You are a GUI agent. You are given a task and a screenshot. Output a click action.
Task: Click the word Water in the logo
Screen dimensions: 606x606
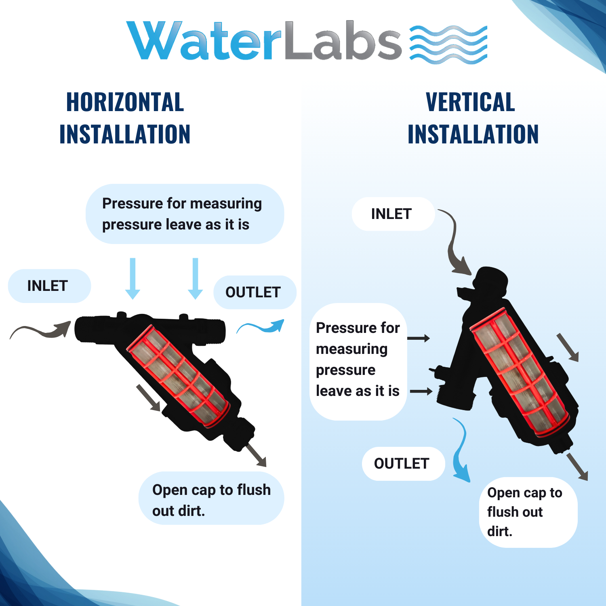tap(204, 40)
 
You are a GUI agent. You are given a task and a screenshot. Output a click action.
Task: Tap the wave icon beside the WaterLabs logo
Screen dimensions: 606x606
tap(448, 44)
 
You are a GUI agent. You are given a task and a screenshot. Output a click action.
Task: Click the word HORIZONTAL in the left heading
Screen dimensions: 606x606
tap(125, 102)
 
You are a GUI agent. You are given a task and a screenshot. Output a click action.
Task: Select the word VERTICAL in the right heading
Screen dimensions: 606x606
tap(471, 102)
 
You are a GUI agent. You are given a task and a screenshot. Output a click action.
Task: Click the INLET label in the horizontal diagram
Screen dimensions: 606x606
tap(47, 286)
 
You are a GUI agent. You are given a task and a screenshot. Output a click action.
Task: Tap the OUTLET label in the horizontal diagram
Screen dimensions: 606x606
tap(253, 292)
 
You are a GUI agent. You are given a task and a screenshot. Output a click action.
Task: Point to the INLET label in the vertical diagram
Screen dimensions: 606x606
tap(391, 214)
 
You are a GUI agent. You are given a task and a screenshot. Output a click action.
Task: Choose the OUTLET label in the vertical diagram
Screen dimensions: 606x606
tap(402, 463)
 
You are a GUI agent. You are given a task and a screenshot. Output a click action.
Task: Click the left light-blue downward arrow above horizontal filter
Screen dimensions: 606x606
tap(133, 278)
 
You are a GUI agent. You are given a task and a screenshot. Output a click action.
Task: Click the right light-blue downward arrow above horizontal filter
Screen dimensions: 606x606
tap(196, 278)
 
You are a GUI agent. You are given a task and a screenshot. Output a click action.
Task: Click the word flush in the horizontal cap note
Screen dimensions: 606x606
tap(254, 490)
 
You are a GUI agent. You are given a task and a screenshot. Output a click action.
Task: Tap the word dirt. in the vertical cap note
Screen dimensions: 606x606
tap(500, 531)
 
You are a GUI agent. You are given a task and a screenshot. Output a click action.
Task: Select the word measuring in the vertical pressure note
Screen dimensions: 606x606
tap(351, 349)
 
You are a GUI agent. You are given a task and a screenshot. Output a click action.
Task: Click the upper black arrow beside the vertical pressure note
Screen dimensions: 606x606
tap(419, 338)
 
